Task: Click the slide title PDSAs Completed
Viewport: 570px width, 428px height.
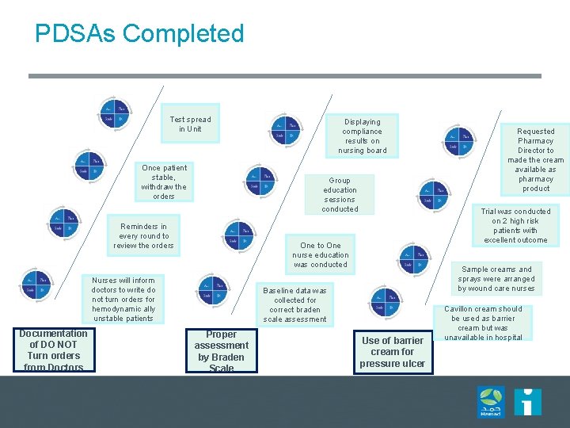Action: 139,34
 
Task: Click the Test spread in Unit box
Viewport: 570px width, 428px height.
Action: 190,124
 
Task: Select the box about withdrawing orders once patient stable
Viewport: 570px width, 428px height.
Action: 164,182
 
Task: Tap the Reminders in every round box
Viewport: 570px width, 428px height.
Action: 143,235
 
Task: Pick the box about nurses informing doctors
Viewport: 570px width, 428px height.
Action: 123,300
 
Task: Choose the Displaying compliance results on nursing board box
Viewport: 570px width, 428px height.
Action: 362,136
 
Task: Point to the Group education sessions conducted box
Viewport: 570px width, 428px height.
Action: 340,194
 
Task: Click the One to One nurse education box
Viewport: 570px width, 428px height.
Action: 320,255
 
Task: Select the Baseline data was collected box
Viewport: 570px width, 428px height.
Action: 294,305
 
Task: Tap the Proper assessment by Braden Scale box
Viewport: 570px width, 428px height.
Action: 222,350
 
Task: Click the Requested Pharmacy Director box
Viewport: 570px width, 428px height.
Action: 536,159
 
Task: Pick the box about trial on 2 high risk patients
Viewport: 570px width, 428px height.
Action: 516,226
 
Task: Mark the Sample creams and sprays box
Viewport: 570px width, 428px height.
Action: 497,279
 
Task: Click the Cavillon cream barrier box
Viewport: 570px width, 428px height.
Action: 483,323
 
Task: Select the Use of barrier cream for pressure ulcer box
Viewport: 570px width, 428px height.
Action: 393,352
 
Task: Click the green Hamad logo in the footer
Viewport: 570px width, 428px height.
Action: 490,402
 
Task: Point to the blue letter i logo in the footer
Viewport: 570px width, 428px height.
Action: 527,401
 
